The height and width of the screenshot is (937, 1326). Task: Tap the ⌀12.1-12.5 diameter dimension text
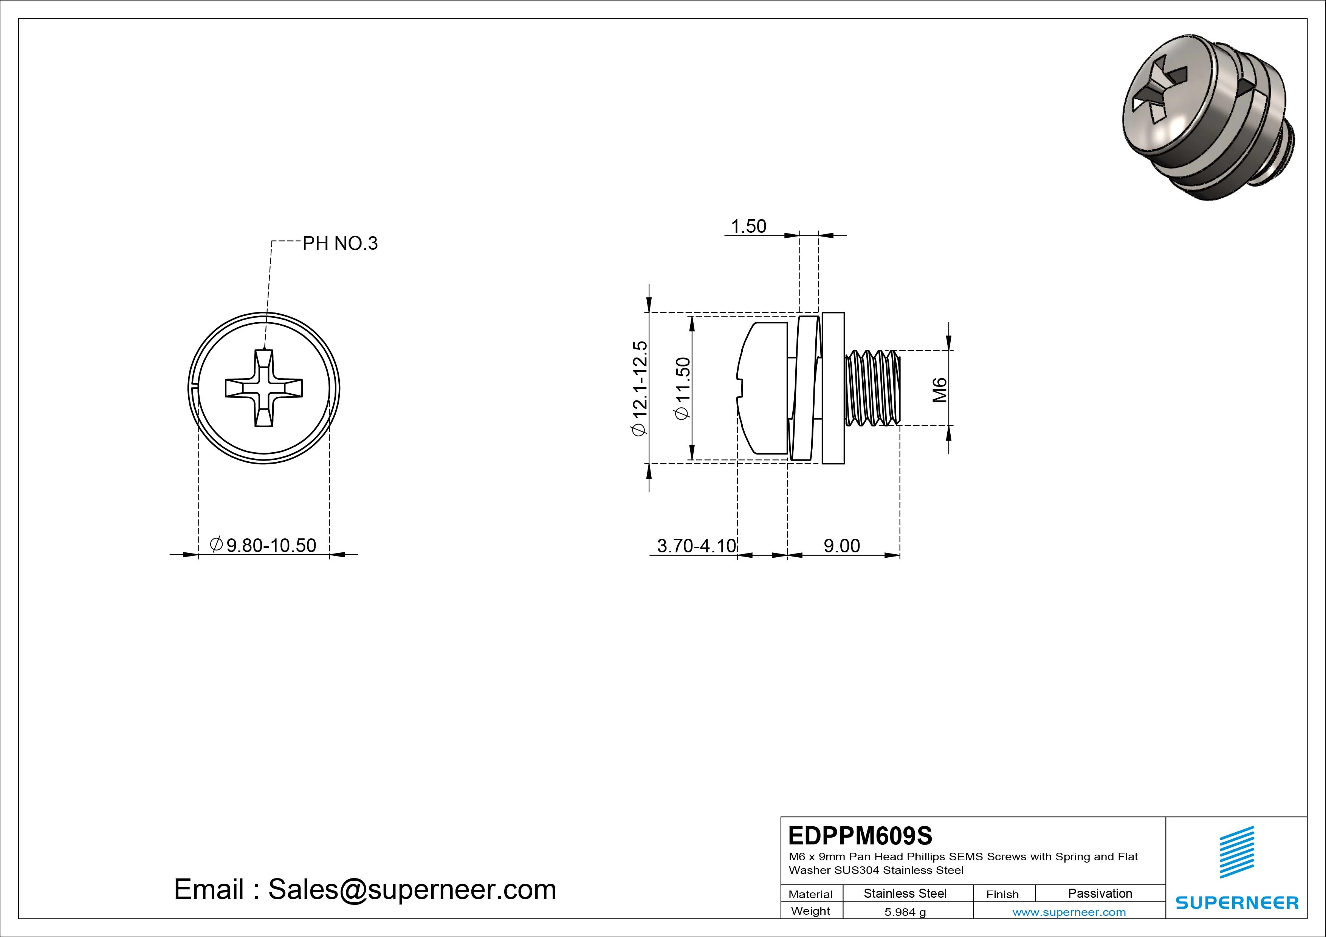coord(640,388)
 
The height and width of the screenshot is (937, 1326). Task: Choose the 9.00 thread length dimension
coord(841,546)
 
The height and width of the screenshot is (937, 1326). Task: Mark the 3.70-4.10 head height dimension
coord(697,546)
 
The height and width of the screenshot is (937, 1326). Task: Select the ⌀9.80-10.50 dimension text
coord(263,545)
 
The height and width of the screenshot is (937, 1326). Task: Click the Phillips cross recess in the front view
coord(264,388)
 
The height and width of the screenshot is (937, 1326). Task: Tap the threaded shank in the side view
coord(872,388)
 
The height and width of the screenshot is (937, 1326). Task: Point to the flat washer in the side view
coord(833,388)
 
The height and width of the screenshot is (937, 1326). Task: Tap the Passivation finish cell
coord(1100,893)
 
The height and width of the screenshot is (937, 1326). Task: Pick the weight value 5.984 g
coord(905,912)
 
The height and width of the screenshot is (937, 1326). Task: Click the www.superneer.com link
coord(1069,912)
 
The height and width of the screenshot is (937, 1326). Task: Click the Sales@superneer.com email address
coord(412,889)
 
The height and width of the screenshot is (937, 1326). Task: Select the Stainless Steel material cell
coord(905,893)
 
